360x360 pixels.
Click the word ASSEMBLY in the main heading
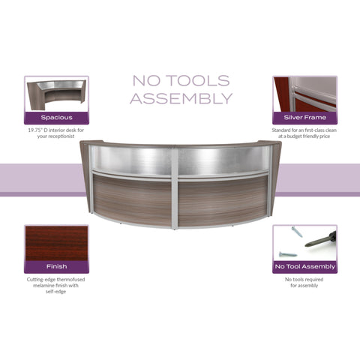pos(181,98)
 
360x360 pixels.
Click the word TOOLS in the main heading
pos(198,80)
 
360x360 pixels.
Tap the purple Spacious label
pos(56,118)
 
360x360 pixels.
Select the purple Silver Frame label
pos(304,118)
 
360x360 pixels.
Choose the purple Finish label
pos(56,267)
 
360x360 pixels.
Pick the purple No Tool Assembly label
pos(304,267)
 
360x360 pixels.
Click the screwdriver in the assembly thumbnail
pos(320,239)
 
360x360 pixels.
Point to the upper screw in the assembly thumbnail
pos(297,232)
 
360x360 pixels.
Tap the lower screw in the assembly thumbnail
pos(288,254)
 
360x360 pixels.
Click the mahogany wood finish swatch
pos(56,244)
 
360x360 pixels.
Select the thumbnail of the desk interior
pos(56,94)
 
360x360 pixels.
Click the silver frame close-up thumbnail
pos(304,94)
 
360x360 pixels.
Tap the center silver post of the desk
pos(175,187)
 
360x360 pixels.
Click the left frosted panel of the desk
pos(132,160)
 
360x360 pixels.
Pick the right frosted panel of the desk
pos(223,160)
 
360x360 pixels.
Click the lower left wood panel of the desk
pos(132,199)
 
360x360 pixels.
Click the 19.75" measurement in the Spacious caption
pos(35,130)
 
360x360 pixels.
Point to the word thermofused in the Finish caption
pos(70,280)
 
